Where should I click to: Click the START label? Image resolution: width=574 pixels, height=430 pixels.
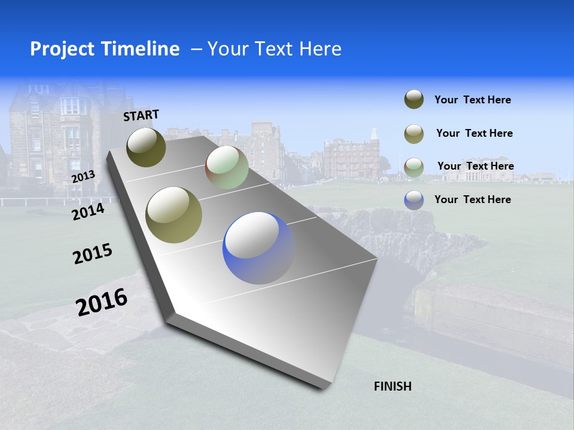(x=141, y=115)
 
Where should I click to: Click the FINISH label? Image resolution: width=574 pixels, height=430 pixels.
(x=392, y=386)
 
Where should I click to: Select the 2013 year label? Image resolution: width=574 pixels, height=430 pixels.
(x=83, y=176)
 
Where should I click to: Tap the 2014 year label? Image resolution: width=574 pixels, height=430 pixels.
(x=88, y=211)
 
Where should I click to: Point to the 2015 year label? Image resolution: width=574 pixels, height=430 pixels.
(x=92, y=254)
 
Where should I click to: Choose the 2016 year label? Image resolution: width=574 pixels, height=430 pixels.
(x=102, y=302)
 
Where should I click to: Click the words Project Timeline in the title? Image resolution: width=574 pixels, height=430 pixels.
(x=105, y=49)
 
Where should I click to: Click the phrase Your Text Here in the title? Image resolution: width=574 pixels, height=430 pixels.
(x=274, y=49)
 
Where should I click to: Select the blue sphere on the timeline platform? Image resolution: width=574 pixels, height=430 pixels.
(x=259, y=247)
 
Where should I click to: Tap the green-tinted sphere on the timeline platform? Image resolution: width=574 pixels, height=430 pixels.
(x=227, y=167)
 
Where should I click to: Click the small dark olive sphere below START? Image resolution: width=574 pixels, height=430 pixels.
(x=146, y=147)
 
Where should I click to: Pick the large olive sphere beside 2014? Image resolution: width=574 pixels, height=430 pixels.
(x=173, y=215)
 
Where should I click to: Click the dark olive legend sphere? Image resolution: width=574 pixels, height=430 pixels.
(x=414, y=100)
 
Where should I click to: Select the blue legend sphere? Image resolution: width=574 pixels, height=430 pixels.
(x=414, y=199)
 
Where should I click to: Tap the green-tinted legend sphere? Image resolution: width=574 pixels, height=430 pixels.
(x=414, y=167)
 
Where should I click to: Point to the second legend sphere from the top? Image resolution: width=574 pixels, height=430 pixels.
(x=414, y=133)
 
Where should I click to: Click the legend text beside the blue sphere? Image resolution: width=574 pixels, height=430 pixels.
(x=472, y=199)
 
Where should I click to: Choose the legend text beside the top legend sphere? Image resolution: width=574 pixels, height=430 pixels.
(x=472, y=100)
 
